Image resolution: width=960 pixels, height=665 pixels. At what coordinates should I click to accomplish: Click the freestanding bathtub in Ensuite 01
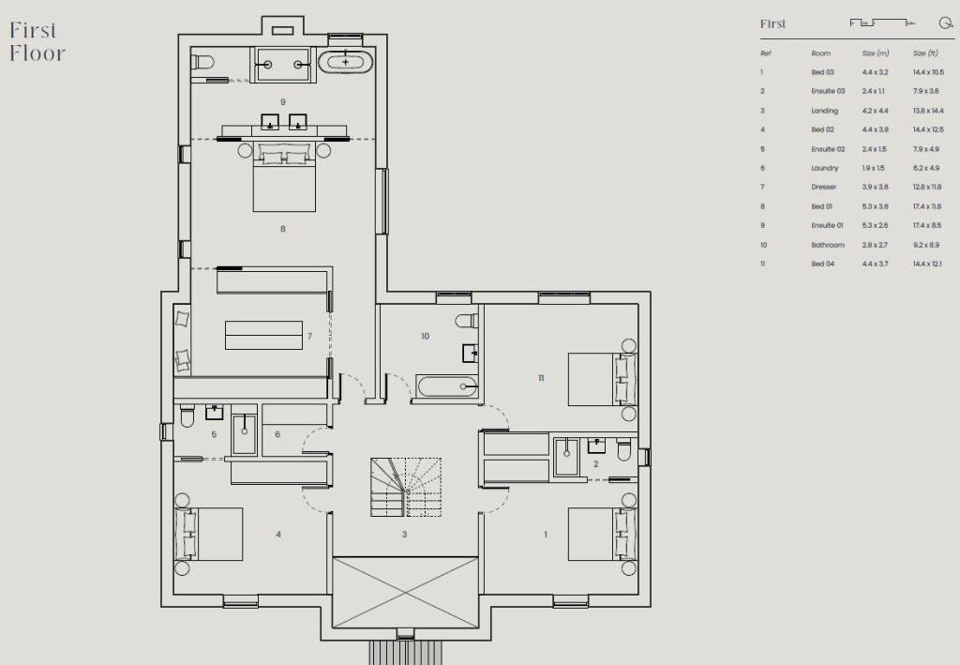pyautogui.click(x=345, y=62)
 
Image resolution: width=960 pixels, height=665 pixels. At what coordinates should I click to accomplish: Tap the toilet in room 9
pyautogui.click(x=202, y=63)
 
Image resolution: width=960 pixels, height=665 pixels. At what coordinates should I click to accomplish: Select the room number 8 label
pyautogui.click(x=283, y=229)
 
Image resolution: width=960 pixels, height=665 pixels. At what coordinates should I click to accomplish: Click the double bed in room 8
pyautogui.click(x=284, y=176)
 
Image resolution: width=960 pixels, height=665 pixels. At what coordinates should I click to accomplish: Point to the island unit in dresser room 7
pyautogui.click(x=263, y=336)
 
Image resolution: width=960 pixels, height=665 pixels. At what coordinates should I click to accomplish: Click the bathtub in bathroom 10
pyautogui.click(x=447, y=386)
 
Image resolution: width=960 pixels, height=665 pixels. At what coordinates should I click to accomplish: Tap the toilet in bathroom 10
pyautogui.click(x=467, y=320)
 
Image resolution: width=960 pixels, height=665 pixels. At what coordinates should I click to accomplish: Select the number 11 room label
pyautogui.click(x=541, y=378)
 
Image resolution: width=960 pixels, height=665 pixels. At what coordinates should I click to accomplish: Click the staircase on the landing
pyautogui.click(x=405, y=488)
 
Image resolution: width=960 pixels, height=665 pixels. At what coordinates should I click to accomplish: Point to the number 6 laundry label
pyautogui.click(x=277, y=434)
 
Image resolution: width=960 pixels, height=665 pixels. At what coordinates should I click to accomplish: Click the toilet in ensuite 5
pyautogui.click(x=187, y=416)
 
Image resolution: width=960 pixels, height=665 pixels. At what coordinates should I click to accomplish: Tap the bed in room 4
pyautogui.click(x=209, y=534)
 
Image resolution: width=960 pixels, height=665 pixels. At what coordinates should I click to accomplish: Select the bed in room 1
pyautogui.click(x=603, y=534)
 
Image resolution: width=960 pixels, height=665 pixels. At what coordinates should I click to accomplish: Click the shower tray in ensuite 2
pyautogui.click(x=566, y=457)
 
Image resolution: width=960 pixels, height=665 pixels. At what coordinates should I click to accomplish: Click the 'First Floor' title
pyautogui.click(x=37, y=41)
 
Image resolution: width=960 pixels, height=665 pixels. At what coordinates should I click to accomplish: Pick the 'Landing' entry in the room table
pyautogui.click(x=825, y=111)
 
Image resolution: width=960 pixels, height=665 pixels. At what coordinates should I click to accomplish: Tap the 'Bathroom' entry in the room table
pyautogui.click(x=828, y=245)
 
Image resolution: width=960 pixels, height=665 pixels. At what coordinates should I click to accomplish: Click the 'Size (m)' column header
pyautogui.click(x=876, y=53)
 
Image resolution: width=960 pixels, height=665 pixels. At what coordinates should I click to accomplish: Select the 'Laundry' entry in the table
pyautogui.click(x=825, y=168)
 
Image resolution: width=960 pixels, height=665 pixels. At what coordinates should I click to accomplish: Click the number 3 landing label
pyautogui.click(x=404, y=535)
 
